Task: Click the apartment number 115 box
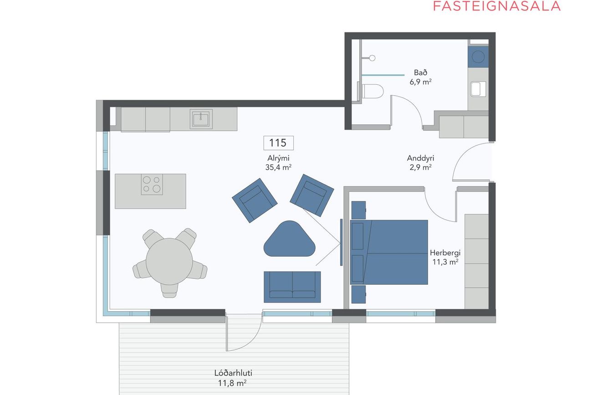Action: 278,143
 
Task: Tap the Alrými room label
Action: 278,158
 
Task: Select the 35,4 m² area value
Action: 278,167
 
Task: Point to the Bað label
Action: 420,72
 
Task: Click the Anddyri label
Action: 420,158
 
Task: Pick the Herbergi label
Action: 445,253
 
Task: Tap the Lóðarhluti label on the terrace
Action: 233,373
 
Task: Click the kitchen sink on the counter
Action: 201,119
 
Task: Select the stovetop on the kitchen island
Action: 152,184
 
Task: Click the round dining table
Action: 169,262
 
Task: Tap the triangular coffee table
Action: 289,239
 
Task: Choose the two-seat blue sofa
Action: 292,287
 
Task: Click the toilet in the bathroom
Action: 372,91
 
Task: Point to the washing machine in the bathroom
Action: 478,57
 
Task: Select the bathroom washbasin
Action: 478,89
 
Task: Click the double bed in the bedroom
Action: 389,252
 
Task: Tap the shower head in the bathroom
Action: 372,58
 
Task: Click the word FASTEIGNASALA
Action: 497,6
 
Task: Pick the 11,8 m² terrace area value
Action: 232,383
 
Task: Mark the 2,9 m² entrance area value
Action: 420,167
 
